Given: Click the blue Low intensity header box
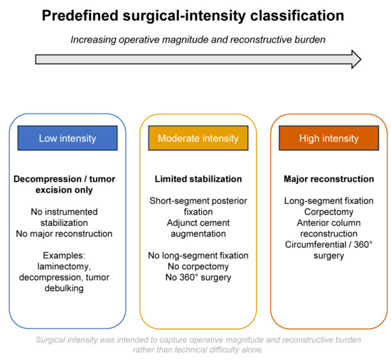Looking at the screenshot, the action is (68, 138).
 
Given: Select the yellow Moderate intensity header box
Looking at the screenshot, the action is (198, 138).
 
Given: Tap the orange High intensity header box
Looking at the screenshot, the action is (329, 138).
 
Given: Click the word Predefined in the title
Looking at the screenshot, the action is (80, 16).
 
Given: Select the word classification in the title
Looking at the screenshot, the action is (297, 16).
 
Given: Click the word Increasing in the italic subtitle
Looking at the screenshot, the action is (93, 40).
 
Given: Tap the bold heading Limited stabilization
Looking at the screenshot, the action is (198, 179).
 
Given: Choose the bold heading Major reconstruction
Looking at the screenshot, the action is (329, 179).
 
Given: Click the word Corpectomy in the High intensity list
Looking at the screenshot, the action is (328, 212).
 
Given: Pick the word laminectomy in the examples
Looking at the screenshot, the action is (63, 266).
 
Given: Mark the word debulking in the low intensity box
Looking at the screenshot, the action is (64, 288).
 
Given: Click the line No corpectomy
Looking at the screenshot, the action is (198, 266).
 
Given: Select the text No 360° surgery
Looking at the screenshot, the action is (198, 278).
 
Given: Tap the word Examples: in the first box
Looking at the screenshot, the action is (64, 256).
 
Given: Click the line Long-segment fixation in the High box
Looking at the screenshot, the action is (329, 201).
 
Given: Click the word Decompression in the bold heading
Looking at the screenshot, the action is (48, 179).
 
